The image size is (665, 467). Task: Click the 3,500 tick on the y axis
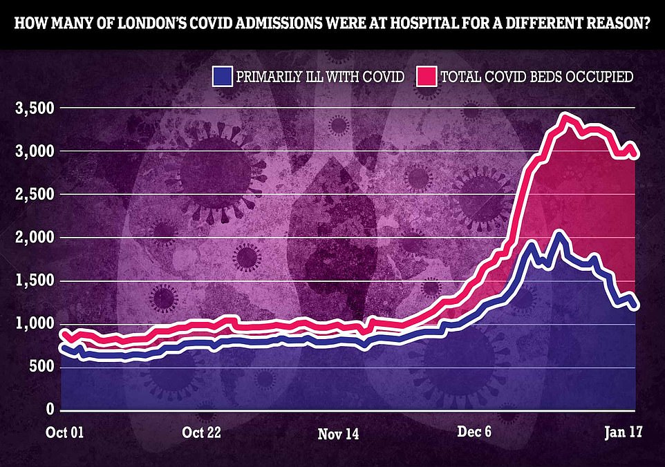[32, 108]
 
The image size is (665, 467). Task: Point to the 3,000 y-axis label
[32, 151]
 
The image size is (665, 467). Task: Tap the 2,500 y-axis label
[32, 194]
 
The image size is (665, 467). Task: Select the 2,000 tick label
[32, 238]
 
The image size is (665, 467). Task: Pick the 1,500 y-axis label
[32, 280]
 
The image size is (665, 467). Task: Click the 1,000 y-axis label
[32, 324]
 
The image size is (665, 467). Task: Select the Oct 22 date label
[203, 433]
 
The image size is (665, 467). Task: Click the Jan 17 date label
[624, 433]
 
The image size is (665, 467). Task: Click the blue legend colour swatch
[223, 76]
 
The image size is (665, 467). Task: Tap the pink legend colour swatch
[427, 76]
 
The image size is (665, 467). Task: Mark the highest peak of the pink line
[567, 117]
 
